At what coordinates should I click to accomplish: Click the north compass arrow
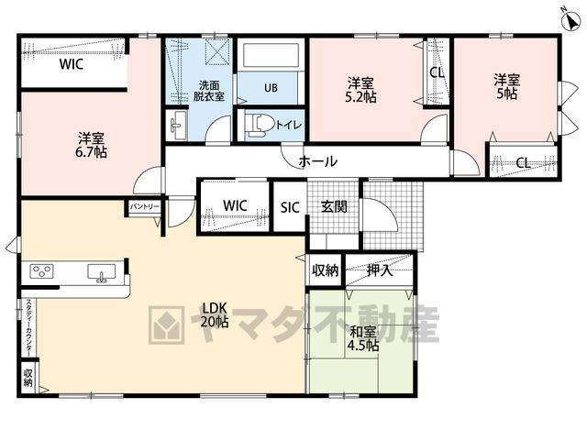pyautogui.click(x=570, y=22)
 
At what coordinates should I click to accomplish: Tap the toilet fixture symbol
pyautogui.click(x=259, y=125)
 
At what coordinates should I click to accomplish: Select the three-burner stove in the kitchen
pyautogui.click(x=42, y=271)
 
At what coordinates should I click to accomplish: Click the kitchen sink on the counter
pyautogui.click(x=101, y=272)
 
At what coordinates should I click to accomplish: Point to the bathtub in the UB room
pyautogui.click(x=271, y=56)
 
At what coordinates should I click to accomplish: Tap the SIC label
pyautogui.click(x=290, y=207)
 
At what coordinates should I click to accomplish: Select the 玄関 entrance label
pyautogui.click(x=334, y=206)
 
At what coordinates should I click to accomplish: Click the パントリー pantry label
pyautogui.click(x=145, y=206)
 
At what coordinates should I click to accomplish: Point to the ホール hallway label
pyautogui.click(x=318, y=161)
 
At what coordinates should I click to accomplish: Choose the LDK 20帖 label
pyautogui.click(x=214, y=314)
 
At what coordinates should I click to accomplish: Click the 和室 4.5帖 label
pyautogui.click(x=362, y=338)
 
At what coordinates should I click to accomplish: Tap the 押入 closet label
pyautogui.click(x=380, y=270)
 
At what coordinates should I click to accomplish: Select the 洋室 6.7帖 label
pyautogui.click(x=92, y=145)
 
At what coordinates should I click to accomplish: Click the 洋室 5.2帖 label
pyautogui.click(x=360, y=90)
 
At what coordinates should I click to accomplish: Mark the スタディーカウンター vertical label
pyautogui.click(x=28, y=326)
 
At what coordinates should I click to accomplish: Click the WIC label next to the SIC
pyautogui.click(x=235, y=205)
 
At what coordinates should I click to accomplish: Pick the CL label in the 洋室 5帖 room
pyautogui.click(x=523, y=163)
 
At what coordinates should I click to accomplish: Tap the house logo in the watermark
pyautogui.click(x=166, y=325)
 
